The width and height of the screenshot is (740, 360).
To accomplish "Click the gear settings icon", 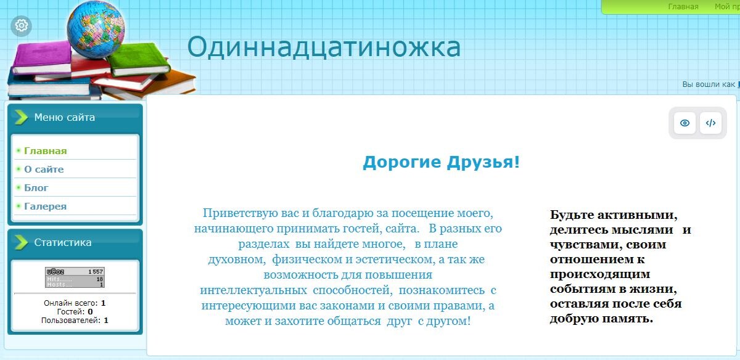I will [x=22, y=26].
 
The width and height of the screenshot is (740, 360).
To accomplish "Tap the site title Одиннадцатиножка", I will [x=324, y=47].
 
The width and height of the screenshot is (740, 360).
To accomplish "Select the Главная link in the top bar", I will [x=683, y=7].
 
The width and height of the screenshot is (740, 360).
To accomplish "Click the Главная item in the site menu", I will [x=45, y=151].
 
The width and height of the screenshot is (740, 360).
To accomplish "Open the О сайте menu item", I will [x=44, y=170].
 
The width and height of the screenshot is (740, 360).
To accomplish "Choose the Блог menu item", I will [x=36, y=188].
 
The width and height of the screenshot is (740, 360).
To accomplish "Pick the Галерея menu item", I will [x=45, y=207].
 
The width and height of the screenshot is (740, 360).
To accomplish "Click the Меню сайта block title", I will [x=64, y=117].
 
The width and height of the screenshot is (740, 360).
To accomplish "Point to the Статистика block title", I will [x=63, y=242].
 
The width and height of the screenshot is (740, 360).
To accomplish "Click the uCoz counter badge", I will [x=75, y=277].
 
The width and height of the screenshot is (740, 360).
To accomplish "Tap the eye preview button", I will [x=684, y=123].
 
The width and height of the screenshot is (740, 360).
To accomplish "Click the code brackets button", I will [x=710, y=123].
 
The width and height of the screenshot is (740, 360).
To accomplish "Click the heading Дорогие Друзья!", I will [x=441, y=163].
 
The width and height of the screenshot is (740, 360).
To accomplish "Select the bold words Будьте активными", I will [x=614, y=215].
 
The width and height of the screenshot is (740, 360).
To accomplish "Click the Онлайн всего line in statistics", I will [x=75, y=303].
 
